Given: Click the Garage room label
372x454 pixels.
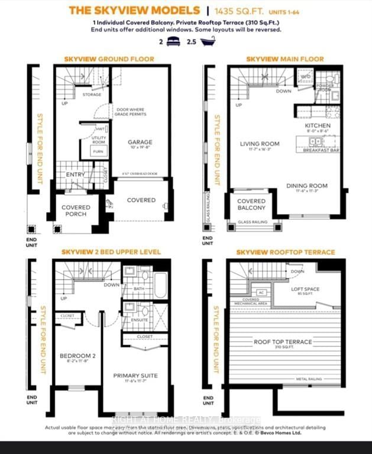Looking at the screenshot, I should tap(140, 142).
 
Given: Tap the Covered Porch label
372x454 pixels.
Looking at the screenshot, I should tap(76, 210).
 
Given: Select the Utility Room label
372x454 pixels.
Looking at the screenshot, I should tap(98, 140).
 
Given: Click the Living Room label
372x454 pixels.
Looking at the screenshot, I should tap(260, 144).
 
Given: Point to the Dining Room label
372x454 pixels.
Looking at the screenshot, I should tap(307, 186).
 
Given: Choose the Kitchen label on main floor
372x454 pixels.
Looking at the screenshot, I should tap(318, 126).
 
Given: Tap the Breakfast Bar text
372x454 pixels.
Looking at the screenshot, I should tap(320, 151).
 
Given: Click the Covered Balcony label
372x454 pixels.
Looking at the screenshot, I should tap(251, 205).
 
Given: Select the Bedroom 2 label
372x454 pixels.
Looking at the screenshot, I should tap(77, 356).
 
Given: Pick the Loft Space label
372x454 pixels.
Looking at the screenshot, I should tap(306, 289).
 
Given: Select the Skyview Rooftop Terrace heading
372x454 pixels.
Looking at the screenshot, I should tap(285, 252).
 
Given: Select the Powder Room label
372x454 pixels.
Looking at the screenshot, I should tap(326, 86).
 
